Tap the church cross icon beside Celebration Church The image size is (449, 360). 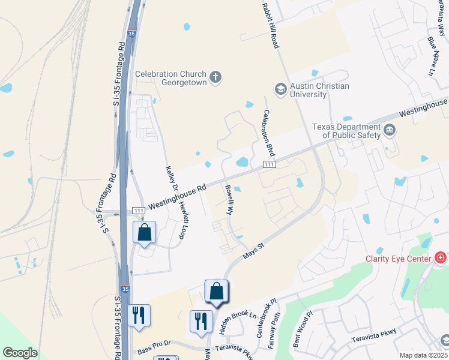(215, 76)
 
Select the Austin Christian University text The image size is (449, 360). (319, 90)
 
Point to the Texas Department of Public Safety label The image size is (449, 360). (346, 131)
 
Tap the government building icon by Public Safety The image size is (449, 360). (389, 129)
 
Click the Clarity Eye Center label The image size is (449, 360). (398, 259)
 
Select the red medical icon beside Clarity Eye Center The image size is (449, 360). (441, 258)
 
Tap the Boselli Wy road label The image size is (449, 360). (229, 200)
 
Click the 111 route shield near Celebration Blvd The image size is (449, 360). (269, 164)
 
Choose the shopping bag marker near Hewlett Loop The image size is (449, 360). (145, 233)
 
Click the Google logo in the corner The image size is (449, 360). (20, 352)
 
